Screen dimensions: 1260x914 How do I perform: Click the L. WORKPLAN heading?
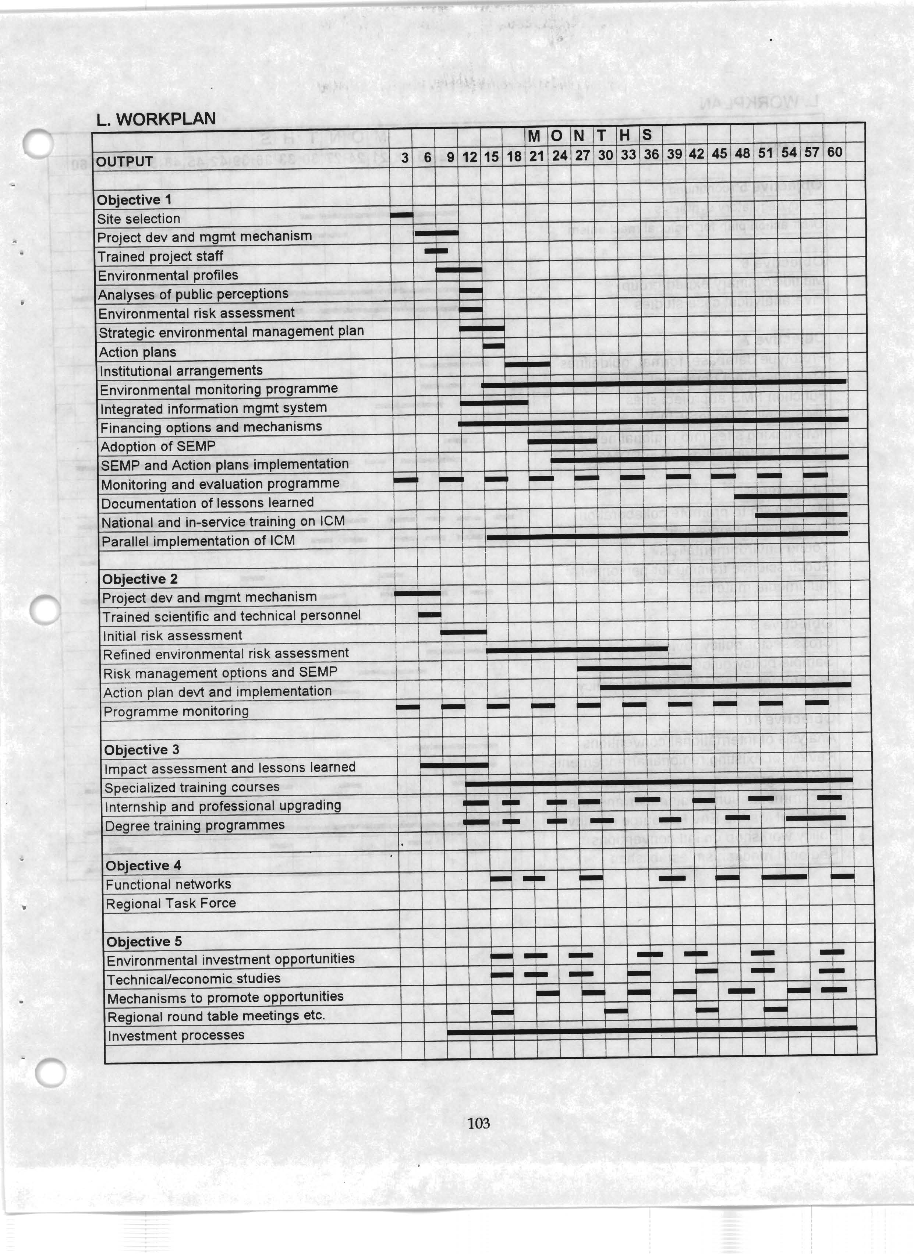click(x=156, y=119)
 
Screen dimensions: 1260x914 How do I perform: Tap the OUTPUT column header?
click(x=124, y=162)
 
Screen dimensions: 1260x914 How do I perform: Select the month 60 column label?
click(x=834, y=152)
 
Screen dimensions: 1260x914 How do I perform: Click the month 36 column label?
click(x=651, y=154)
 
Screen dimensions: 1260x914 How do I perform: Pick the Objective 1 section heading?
click(x=134, y=200)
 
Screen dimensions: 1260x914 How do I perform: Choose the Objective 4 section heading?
click(x=144, y=866)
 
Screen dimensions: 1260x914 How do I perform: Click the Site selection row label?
click(x=138, y=219)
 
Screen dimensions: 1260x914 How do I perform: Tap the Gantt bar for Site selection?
click(x=402, y=215)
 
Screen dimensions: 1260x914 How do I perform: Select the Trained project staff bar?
click(x=436, y=251)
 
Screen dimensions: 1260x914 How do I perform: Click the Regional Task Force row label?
click(x=171, y=904)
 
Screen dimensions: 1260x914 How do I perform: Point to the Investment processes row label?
click(x=176, y=1036)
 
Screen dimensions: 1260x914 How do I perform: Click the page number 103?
click(x=478, y=1123)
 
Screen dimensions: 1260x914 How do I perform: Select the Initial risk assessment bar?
click(x=463, y=632)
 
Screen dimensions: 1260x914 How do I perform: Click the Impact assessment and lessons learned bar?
click(x=454, y=765)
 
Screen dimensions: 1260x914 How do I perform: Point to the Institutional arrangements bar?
click(x=527, y=364)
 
